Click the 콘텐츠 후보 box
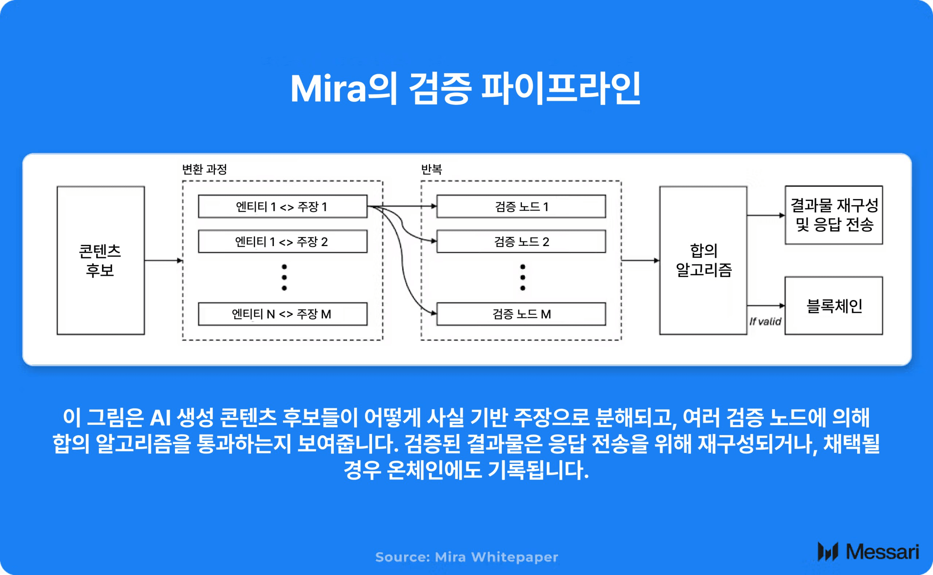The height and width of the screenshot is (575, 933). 100,260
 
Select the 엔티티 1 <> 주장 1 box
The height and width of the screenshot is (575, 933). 282,206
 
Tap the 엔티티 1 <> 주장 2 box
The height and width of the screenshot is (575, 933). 282,241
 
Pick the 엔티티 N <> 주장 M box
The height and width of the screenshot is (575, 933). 282,314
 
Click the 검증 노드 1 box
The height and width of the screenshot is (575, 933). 521,206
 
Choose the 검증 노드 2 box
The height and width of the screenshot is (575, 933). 521,241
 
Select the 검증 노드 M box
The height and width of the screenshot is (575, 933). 521,314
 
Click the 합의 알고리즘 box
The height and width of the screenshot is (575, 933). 703,260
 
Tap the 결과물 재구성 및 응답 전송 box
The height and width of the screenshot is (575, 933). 834,215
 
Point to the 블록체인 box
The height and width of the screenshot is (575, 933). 834,306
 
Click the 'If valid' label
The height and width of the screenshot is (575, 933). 765,322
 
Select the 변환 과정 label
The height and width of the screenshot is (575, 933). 204,169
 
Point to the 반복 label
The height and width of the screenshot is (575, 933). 432,169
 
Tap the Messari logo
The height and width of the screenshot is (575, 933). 868,552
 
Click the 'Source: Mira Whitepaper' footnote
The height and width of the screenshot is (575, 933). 467,557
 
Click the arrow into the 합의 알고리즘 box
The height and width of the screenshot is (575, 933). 640,260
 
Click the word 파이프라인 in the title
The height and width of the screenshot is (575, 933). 561,89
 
